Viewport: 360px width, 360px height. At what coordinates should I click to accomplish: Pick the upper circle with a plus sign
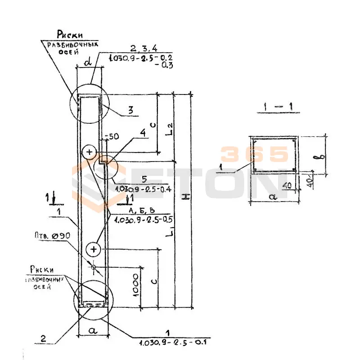[89, 152]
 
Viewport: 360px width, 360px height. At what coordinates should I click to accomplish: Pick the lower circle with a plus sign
[92, 248]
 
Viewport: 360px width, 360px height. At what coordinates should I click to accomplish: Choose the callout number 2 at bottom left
[43, 338]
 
